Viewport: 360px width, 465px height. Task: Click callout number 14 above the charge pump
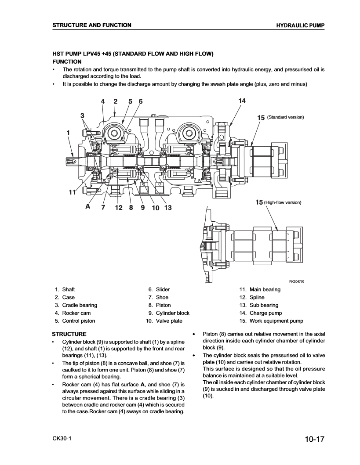coord(242,101)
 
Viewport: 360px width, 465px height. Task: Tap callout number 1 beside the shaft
coord(69,132)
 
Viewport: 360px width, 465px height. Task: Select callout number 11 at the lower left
coord(73,192)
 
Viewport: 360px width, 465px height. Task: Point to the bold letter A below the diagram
coord(88,207)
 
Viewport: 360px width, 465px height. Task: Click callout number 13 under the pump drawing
coord(167,208)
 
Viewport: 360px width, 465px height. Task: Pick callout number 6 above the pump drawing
coord(141,101)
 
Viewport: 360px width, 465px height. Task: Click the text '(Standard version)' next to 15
coord(286,117)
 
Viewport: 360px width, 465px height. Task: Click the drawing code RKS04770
coord(296,281)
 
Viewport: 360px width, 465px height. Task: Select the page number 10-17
coord(313,439)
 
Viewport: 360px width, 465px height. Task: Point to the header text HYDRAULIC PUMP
coord(300,25)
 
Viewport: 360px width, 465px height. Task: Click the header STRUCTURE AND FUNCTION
coord(91,25)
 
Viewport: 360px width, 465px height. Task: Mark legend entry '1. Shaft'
coord(65,289)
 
